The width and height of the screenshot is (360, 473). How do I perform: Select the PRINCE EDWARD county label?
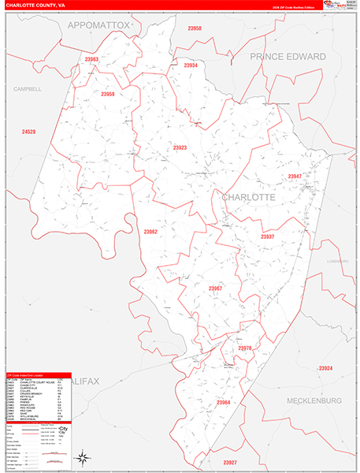pos(288,57)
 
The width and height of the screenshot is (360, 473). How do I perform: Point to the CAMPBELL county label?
pos(27,89)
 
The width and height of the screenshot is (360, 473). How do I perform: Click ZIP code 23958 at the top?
pos(194,28)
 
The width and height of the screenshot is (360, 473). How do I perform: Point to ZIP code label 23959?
pos(108,95)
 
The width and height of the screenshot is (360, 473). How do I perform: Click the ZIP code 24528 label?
pos(29,131)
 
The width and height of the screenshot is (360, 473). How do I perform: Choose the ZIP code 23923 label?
pos(180,147)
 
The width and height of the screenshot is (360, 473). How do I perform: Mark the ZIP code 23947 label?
pos(295,176)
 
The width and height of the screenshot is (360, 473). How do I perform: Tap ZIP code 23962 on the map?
pos(150,232)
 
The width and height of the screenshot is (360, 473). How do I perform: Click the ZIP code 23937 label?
pos(268,236)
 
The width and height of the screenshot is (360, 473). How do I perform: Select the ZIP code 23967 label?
pos(215,289)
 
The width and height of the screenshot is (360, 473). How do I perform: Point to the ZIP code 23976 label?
pos(244,348)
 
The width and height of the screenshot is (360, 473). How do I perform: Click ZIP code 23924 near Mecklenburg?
pos(325,368)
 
